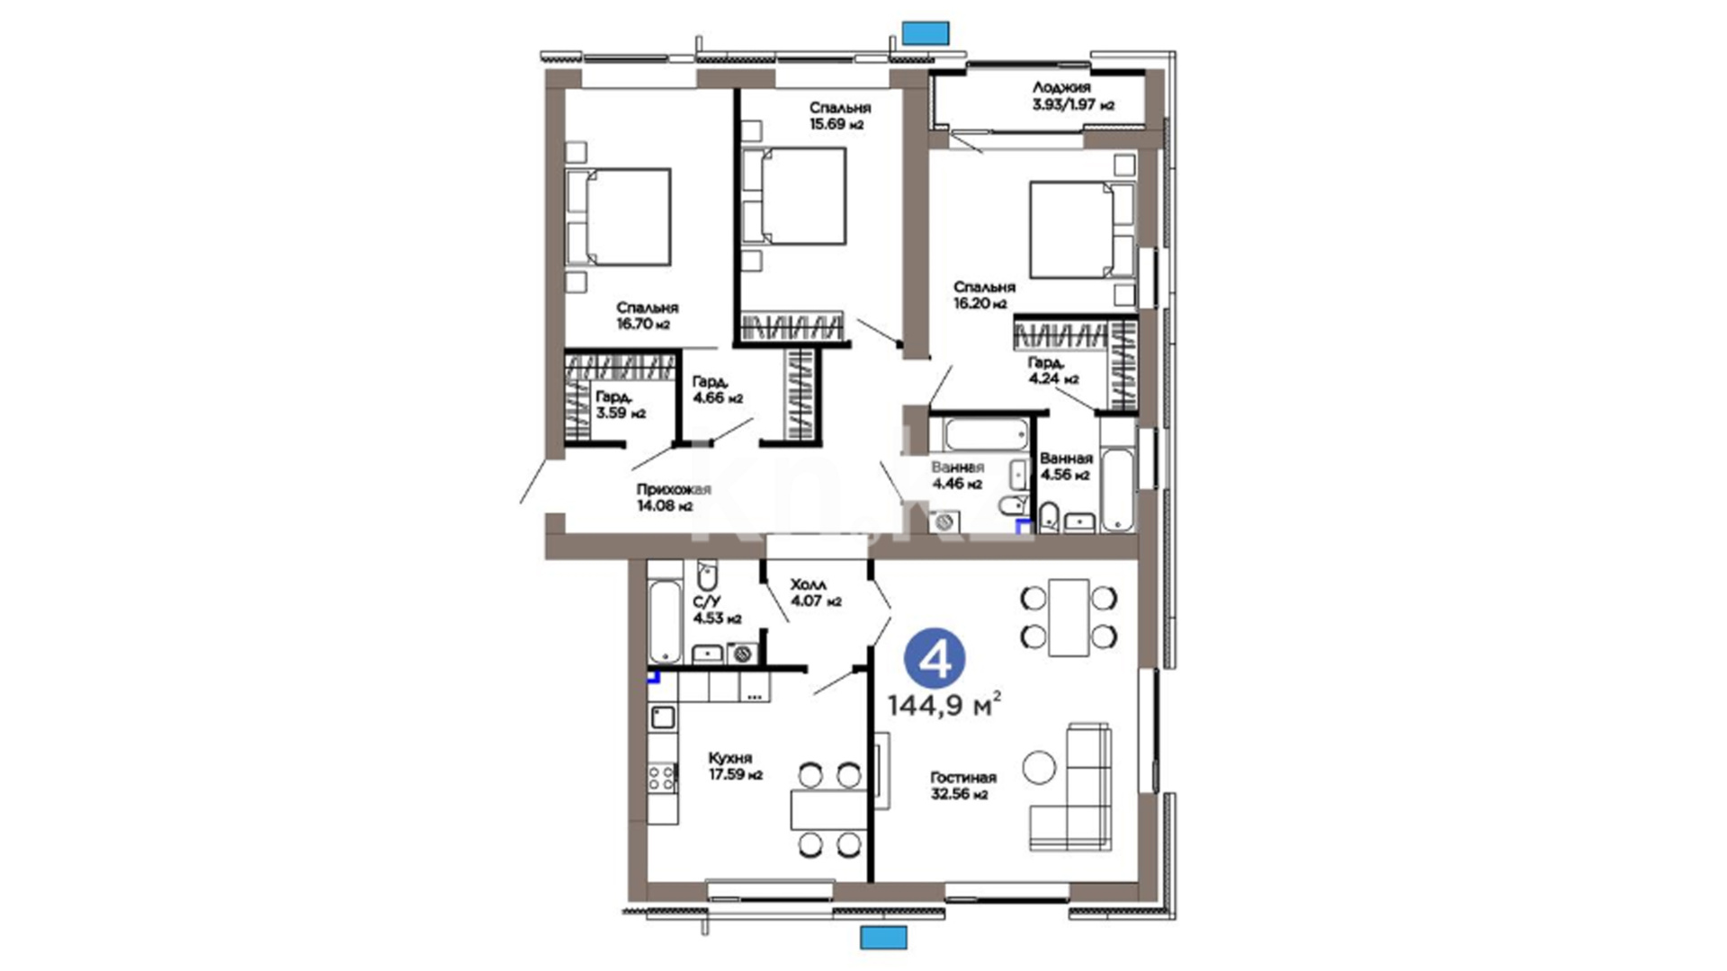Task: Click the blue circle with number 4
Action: click(935, 661)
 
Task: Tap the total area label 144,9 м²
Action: click(944, 706)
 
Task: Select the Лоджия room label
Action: click(1061, 87)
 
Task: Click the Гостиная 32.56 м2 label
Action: click(963, 786)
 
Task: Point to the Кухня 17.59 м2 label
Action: click(735, 766)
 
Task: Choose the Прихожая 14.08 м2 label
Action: click(673, 497)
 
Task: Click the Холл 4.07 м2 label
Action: click(816, 593)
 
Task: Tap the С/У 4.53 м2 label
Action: click(717, 610)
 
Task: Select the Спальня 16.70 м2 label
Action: click(647, 316)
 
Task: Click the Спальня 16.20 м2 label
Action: click(984, 295)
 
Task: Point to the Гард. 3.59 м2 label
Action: click(621, 405)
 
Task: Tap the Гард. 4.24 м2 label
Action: click(1053, 370)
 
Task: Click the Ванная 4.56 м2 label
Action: click(1066, 467)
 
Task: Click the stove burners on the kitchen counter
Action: click(663, 779)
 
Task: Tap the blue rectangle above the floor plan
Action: click(926, 33)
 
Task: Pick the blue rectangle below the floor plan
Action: click(883, 938)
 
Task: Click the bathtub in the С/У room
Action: click(665, 621)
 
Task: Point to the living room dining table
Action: click(1069, 618)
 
